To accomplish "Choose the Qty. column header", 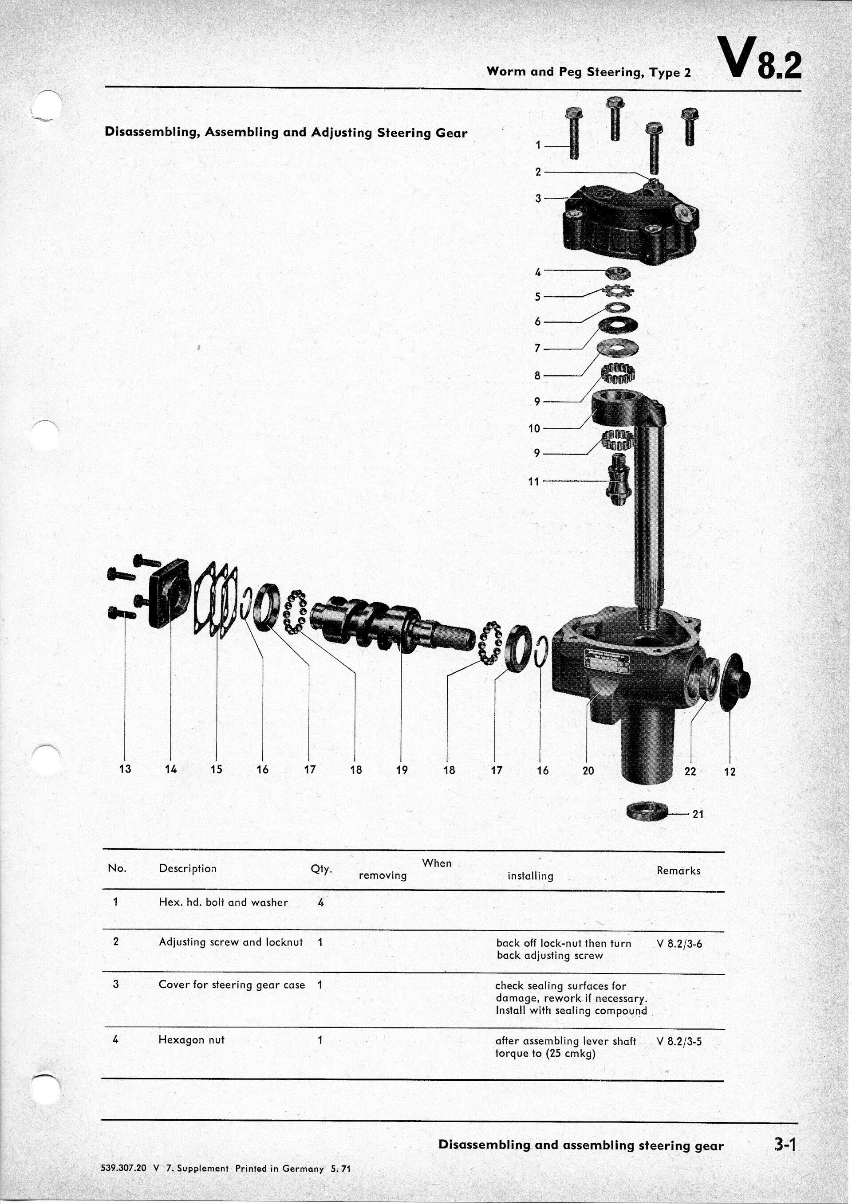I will [x=321, y=869].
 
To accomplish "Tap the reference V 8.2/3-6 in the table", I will [x=679, y=943].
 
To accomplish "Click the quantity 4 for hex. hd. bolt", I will [x=320, y=902].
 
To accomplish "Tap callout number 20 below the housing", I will [x=588, y=770].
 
